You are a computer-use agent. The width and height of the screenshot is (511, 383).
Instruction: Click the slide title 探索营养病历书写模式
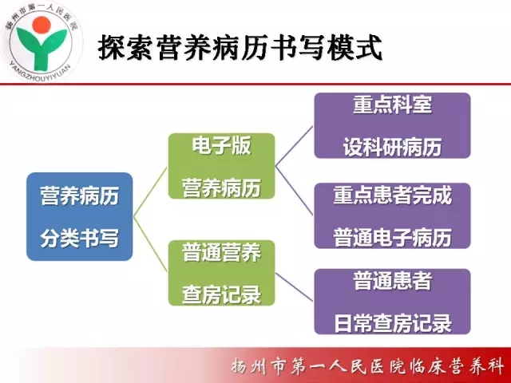point(240,48)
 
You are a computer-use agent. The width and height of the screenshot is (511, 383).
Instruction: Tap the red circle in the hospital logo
point(42,26)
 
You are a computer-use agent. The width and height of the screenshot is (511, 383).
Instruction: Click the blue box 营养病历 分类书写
point(80,216)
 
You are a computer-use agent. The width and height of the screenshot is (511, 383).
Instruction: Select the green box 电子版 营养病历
point(222,166)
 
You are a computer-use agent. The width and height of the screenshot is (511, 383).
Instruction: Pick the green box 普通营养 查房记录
point(222,273)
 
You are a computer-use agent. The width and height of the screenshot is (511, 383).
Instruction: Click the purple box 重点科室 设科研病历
point(392,126)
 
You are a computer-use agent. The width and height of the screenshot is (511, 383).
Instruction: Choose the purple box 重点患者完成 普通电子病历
point(392,215)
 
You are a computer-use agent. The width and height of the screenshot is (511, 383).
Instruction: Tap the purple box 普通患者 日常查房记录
point(392,302)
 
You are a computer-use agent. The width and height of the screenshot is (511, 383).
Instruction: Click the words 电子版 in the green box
point(222,145)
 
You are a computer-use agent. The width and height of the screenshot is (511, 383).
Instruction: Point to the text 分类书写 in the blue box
point(80,238)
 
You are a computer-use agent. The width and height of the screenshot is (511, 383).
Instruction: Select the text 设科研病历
point(392,147)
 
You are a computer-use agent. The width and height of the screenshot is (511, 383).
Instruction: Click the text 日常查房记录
point(393,323)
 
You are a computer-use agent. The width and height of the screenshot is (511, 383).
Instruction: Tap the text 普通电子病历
point(393,237)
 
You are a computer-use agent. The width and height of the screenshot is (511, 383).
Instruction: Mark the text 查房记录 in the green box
point(222,294)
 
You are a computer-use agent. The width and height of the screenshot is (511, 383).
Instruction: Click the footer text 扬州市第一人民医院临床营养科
point(367,367)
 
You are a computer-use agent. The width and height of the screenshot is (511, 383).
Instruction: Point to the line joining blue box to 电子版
point(150,191)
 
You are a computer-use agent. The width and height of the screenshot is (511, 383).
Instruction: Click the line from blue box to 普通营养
point(150,244)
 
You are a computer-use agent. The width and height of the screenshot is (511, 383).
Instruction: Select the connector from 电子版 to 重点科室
point(295,146)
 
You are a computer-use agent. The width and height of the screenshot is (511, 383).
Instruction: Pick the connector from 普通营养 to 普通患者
point(295,287)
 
